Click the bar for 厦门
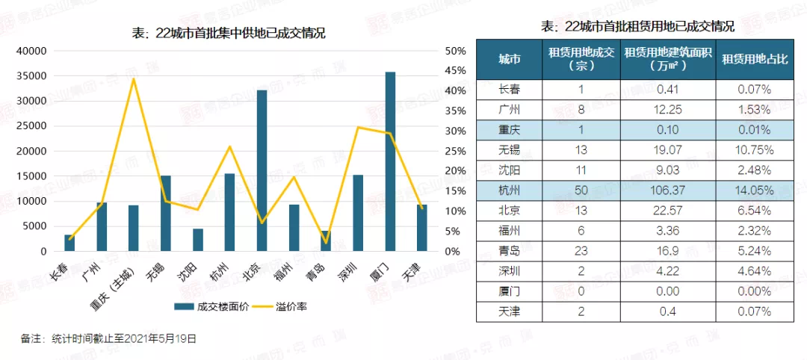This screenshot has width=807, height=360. coord(390,161)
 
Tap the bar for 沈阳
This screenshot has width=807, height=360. coord(198,240)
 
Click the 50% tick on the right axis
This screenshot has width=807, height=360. coord(455,51)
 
